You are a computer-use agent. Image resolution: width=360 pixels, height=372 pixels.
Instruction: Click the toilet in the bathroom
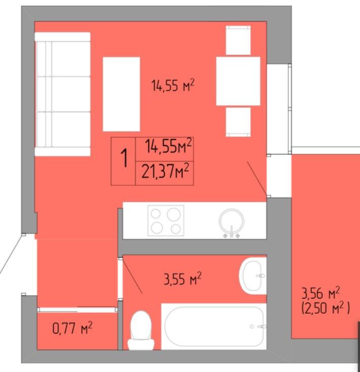coord(141,330)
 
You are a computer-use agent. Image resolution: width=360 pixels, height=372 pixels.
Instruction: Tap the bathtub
coord(214,326)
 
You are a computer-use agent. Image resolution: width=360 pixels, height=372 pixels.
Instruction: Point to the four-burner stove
coord(166,221)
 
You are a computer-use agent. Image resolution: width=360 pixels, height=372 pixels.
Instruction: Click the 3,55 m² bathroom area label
coord(182,278)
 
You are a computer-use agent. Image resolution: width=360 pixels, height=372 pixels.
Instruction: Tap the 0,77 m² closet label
coord(72,328)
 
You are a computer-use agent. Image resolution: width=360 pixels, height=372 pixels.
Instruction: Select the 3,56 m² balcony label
coord(321,293)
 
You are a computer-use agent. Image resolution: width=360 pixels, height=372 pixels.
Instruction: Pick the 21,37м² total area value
coord(166,171)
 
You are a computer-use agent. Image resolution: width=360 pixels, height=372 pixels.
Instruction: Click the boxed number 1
coord(124,158)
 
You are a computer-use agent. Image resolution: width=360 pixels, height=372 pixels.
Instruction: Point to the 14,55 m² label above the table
coord(173,85)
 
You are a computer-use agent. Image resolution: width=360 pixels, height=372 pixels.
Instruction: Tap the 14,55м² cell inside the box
coord(168,146)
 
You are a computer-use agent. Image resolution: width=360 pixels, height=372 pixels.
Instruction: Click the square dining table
coord(238,81)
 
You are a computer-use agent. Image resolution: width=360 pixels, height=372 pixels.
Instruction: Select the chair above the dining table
coord(238,40)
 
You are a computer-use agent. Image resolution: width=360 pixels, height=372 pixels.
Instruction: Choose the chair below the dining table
coord(238,122)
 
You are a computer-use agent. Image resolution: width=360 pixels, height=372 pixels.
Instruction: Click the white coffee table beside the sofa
coord(121,94)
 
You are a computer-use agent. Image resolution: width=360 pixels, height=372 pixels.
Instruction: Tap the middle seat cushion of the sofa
coord(64,94)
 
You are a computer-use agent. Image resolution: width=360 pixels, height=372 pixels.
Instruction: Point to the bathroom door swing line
coord(132,276)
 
